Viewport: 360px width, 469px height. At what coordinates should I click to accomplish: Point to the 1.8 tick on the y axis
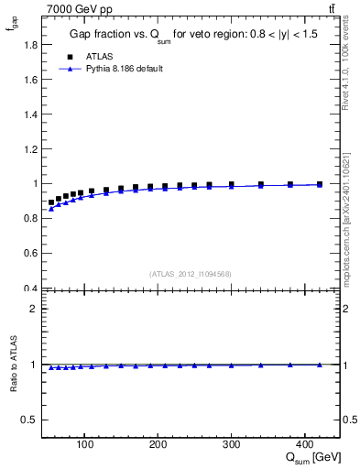(x=30, y=44)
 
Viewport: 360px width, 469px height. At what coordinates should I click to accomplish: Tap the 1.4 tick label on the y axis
(x=30, y=114)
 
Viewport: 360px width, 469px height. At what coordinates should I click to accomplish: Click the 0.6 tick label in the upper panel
(x=30, y=254)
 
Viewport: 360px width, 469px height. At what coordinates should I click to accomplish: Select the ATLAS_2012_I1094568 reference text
(x=191, y=274)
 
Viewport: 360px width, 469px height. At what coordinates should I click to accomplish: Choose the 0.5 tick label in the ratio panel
(x=30, y=420)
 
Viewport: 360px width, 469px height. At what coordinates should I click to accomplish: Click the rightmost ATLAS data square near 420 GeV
(x=319, y=184)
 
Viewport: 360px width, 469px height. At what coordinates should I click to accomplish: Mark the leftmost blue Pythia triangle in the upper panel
(x=51, y=209)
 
